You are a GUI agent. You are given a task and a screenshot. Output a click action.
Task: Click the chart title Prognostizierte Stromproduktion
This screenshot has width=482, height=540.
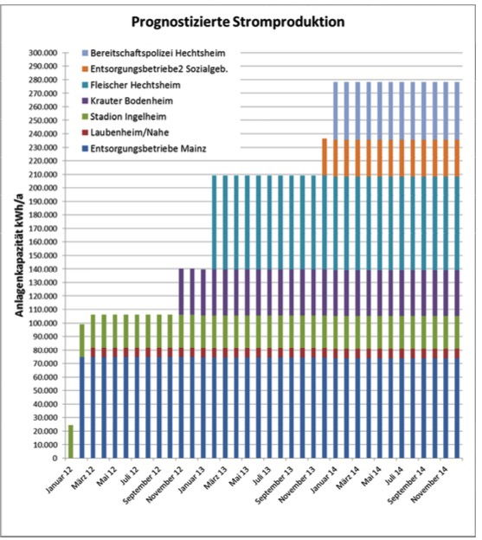tap(238, 22)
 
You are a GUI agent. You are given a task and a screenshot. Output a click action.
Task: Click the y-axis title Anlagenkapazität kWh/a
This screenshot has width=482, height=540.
tap(19, 255)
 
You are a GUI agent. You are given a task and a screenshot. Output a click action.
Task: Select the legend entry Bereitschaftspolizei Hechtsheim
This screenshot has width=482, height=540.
tap(153, 54)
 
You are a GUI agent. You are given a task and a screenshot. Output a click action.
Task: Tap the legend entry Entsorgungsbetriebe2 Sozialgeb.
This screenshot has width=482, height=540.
tap(155, 69)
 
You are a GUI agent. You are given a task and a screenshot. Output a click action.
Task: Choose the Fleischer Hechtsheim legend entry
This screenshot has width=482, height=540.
tap(132, 85)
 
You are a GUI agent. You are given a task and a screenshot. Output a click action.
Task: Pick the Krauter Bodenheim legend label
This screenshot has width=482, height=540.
tap(127, 101)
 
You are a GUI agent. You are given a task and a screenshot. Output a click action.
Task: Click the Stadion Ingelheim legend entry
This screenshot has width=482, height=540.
tap(124, 117)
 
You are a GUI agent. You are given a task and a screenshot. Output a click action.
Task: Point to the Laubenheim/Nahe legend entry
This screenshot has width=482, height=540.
tap(125, 132)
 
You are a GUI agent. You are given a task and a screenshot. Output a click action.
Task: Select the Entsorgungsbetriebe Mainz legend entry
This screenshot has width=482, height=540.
tap(144, 149)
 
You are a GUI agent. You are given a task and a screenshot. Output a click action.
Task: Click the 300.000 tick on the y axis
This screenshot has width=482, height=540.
tap(43, 53)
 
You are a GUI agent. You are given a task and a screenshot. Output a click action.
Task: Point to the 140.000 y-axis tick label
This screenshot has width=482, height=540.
tap(43, 269)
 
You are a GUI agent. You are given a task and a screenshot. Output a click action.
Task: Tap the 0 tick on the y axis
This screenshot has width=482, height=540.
tap(55, 459)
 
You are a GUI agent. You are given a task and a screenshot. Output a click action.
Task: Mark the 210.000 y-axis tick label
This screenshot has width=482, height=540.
tap(43, 175)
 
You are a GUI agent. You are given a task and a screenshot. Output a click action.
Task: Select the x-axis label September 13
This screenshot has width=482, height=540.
tap(275, 485)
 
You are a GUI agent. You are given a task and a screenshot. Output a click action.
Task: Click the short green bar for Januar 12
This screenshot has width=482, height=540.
tap(71, 442)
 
